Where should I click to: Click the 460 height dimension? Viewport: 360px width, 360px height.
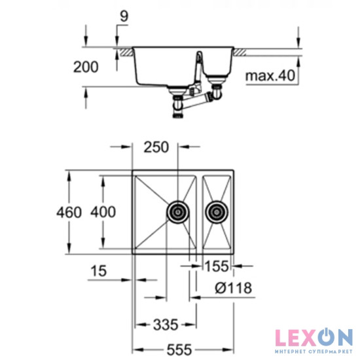(x=68, y=212)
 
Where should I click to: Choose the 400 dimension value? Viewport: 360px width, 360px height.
(x=102, y=212)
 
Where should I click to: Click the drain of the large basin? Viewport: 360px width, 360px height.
(x=177, y=211)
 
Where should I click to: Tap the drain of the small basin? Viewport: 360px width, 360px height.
(x=217, y=211)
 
